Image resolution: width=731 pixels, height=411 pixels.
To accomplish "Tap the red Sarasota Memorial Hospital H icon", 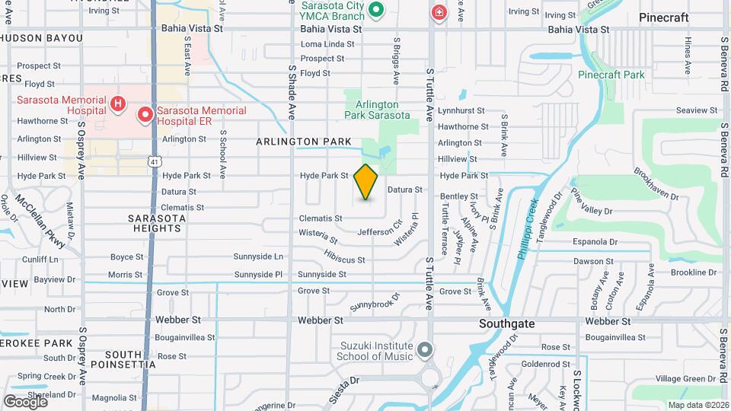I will [117, 104].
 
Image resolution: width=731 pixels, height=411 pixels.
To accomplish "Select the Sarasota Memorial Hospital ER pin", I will [145, 115].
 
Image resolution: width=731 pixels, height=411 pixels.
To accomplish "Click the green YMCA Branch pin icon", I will [375, 11].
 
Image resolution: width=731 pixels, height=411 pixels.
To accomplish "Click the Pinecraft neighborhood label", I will [664, 17].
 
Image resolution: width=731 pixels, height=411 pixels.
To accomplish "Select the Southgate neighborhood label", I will [506, 323].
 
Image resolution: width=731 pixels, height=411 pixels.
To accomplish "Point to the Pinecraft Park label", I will [611, 75].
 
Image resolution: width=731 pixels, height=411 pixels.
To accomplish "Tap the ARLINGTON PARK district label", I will [304, 142].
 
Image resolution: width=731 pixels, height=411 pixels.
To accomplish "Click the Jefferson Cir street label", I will [379, 229].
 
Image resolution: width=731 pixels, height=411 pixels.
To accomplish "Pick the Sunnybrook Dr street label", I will [375, 301].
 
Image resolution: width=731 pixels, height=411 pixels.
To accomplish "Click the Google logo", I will [25, 401].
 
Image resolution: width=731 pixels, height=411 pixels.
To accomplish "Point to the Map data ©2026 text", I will [697, 405].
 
